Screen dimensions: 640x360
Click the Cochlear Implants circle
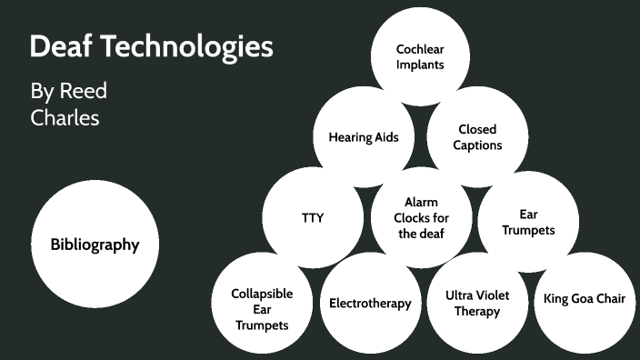click(x=419, y=56)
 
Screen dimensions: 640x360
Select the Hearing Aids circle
click(x=364, y=137)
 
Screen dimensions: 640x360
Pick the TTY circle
click(x=312, y=218)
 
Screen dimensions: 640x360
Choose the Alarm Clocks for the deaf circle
click(x=421, y=218)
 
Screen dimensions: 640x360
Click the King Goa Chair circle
click(x=584, y=299)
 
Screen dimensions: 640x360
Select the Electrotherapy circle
click(x=370, y=303)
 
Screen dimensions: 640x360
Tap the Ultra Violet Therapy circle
click(x=477, y=303)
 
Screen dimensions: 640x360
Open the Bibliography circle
click(x=95, y=245)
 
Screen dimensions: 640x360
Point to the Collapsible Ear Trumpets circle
click(x=261, y=308)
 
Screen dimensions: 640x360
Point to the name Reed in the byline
click(x=84, y=92)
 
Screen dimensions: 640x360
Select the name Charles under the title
click(x=65, y=118)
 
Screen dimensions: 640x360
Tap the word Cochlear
click(x=419, y=49)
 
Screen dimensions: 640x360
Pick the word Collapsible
click(x=262, y=294)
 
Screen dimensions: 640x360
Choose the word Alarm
click(x=421, y=203)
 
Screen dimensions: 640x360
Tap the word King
click(x=556, y=299)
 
